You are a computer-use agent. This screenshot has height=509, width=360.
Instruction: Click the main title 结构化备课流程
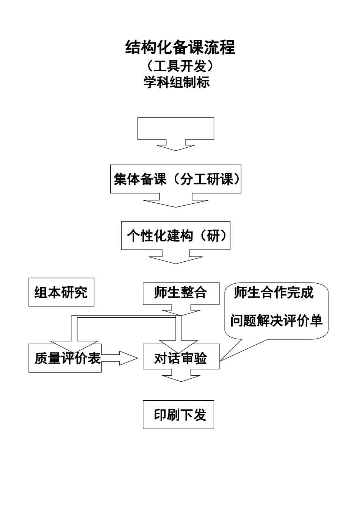tap(180, 47)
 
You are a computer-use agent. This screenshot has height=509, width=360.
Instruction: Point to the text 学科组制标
tap(177, 82)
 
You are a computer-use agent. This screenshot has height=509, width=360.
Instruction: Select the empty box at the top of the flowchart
tap(176, 128)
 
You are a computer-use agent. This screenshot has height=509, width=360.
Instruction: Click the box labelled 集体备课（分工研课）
tap(176, 179)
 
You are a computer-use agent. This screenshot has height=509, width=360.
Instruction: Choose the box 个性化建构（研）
tap(176, 236)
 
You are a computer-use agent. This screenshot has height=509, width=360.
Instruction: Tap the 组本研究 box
tap(61, 292)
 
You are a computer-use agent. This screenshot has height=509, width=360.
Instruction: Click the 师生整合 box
tap(181, 293)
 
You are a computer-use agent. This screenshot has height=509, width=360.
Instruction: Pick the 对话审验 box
tap(181, 358)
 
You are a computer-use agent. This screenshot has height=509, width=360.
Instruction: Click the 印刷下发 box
tap(178, 415)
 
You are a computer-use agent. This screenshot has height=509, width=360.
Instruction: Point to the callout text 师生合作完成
tap(274, 292)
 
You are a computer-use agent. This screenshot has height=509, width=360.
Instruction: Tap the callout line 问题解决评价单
tap(276, 321)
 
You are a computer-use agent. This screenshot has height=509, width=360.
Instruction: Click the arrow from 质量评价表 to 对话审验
tap(121, 358)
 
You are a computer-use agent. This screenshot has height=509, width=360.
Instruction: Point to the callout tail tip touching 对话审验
tap(221, 360)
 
